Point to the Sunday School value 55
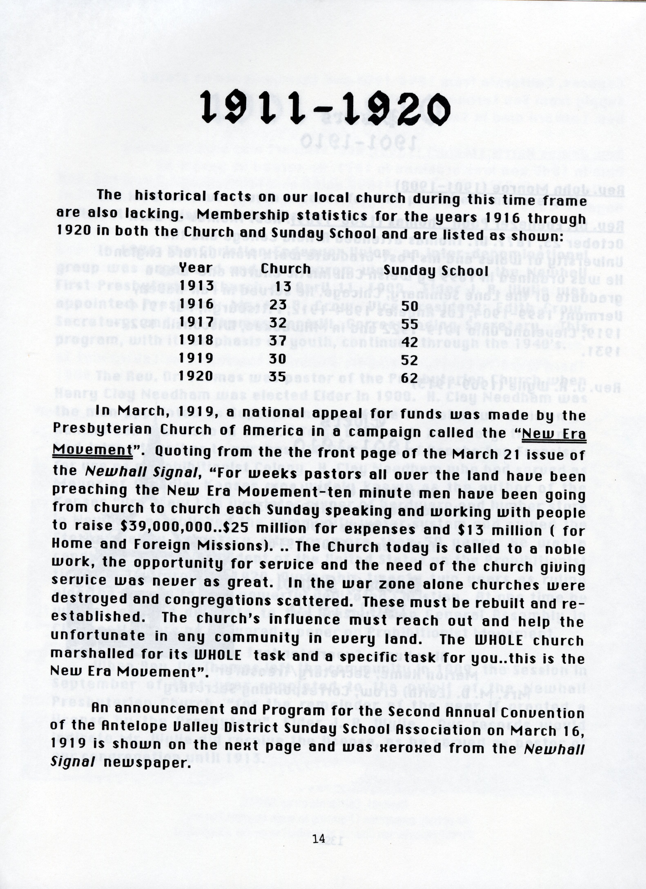coord(410,322)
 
